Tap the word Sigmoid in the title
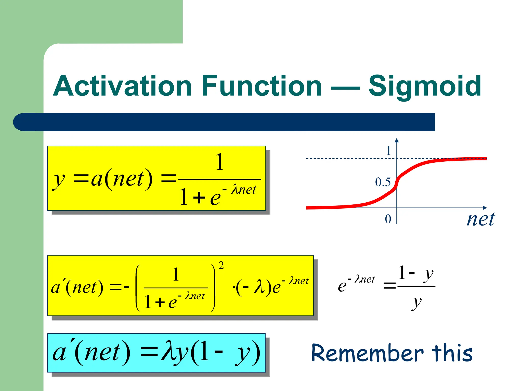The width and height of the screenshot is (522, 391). point(425,87)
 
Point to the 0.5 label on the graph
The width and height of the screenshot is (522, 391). point(383,182)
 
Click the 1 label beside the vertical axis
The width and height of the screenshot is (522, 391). point(388,151)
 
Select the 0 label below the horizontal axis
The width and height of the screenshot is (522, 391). point(388,219)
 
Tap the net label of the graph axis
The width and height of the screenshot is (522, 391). point(480,219)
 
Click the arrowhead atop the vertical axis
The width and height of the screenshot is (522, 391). point(397,140)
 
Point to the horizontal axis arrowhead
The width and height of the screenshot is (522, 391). point(485,208)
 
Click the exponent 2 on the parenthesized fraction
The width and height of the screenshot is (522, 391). point(221,265)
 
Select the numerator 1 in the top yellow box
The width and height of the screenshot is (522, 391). point(219,162)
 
